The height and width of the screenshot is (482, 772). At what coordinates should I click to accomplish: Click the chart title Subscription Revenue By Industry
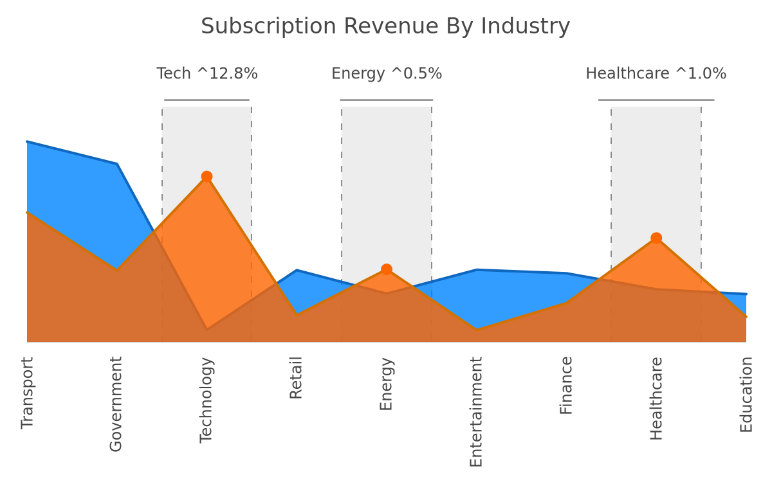(385, 26)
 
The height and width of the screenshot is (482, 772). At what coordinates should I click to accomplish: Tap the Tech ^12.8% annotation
(207, 73)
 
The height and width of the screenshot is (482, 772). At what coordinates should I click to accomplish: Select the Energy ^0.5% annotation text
(387, 73)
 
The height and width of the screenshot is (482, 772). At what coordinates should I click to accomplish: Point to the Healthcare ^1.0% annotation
(656, 73)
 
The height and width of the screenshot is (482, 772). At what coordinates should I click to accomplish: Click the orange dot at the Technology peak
(207, 177)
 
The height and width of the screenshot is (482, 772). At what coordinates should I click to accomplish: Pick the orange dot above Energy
(387, 269)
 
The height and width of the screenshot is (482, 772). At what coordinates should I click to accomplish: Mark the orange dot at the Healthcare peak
(656, 238)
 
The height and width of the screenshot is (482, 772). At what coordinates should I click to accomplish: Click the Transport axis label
(27, 393)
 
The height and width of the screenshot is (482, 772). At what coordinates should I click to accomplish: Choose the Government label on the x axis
(116, 404)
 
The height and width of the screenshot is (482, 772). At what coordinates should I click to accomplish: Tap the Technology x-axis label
(207, 400)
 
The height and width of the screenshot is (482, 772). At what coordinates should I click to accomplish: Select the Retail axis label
(296, 378)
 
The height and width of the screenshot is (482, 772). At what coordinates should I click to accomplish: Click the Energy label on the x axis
(387, 384)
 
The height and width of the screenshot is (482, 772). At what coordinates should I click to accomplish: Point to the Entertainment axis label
(476, 412)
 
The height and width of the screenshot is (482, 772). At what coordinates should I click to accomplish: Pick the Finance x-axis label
(566, 386)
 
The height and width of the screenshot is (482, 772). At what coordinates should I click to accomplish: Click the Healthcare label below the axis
(656, 398)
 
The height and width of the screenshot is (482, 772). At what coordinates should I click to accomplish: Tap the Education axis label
(746, 395)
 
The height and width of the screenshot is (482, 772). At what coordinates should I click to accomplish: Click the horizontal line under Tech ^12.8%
(207, 100)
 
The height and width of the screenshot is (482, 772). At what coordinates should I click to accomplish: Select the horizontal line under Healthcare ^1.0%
(656, 100)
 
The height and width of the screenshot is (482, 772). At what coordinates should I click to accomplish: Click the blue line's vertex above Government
(117, 164)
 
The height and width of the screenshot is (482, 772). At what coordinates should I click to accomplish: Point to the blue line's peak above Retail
(297, 270)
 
